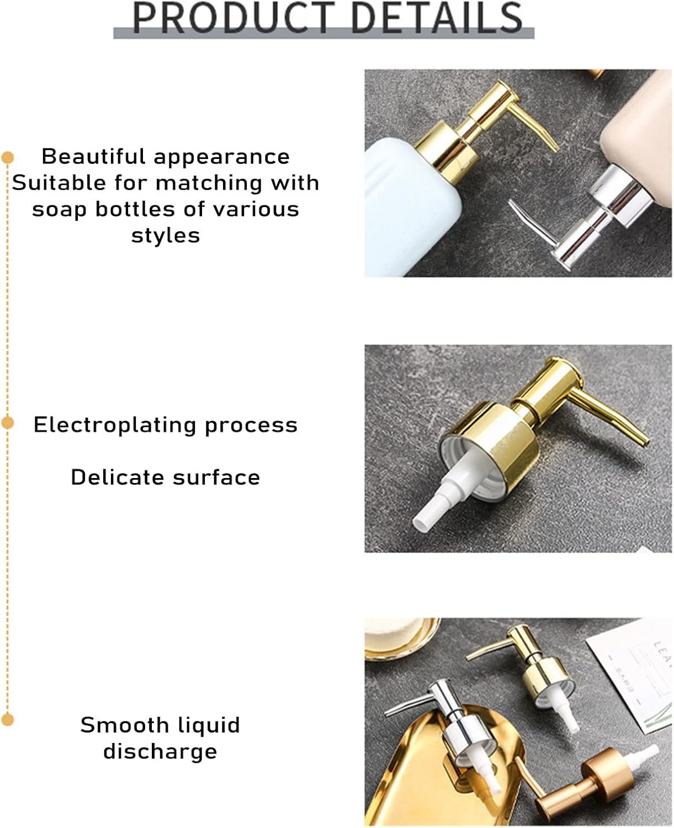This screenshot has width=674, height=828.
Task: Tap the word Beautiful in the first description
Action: (94, 157)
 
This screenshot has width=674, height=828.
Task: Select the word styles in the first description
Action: (166, 236)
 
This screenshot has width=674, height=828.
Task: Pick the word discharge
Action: (160, 752)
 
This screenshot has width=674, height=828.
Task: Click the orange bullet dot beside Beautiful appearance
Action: (8, 158)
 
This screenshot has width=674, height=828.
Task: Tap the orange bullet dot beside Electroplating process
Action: (8, 423)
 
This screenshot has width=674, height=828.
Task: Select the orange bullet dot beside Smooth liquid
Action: (8, 720)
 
